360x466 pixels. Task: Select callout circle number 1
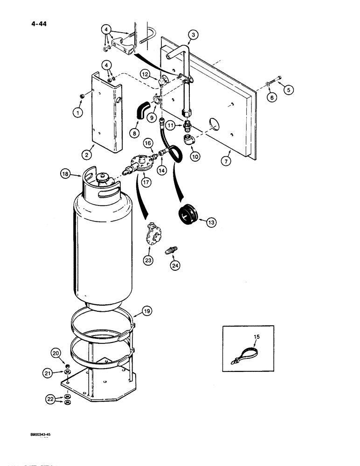[77, 112]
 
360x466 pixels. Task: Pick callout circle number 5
[289, 91]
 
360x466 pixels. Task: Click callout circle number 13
[211, 223]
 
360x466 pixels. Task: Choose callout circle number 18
[65, 174]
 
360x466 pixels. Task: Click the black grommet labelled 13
[189, 215]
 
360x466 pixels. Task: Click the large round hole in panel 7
[213, 123]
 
